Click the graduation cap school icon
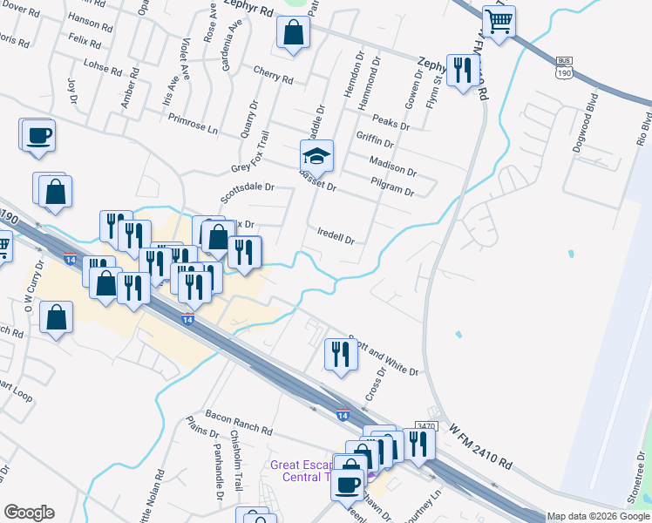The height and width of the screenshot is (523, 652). click(317, 156)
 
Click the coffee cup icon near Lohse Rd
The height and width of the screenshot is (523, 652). click(38, 136)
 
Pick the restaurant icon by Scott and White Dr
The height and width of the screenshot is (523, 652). click(339, 354)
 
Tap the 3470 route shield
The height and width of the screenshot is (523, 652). click(425, 425)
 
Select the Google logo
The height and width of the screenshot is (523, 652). click(29, 513)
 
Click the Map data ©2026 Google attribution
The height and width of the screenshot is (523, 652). click(598, 516)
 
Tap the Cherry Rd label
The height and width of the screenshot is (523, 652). click(273, 76)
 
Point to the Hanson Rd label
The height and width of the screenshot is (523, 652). click(91, 23)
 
